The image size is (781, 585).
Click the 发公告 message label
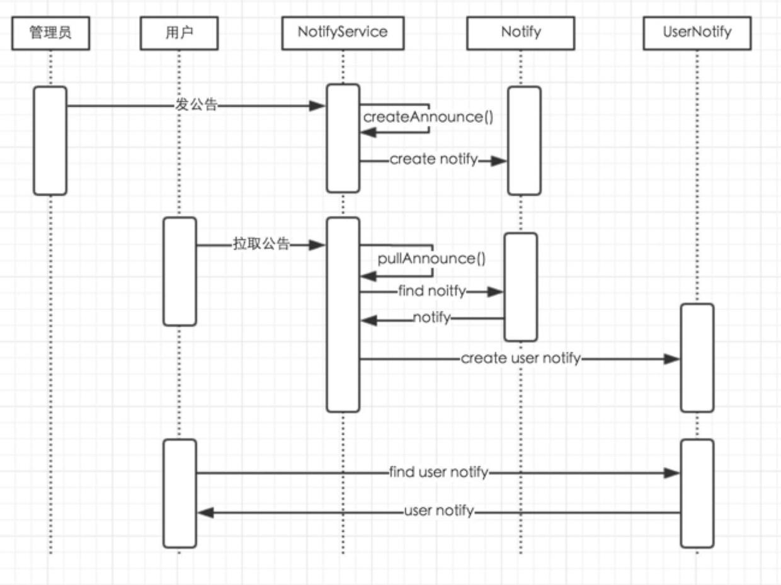click(x=196, y=106)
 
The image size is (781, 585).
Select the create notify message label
click(x=433, y=159)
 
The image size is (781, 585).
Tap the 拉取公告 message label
click(x=261, y=244)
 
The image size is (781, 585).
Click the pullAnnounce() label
click(x=431, y=259)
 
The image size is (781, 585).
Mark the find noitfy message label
click(x=431, y=291)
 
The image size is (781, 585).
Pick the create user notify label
click(x=520, y=358)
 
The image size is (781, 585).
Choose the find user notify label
click(x=438, y=472)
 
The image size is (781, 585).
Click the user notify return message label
click(x=438, y=511)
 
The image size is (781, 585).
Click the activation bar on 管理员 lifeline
click(x=50, y=140)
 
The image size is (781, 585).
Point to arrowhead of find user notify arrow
click(x=673, y=473)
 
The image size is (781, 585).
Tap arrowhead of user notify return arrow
click(x=205, y=513)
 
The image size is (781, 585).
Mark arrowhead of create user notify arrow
click(x=673, y=359)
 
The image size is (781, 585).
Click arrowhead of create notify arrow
click(x=499, y=161)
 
